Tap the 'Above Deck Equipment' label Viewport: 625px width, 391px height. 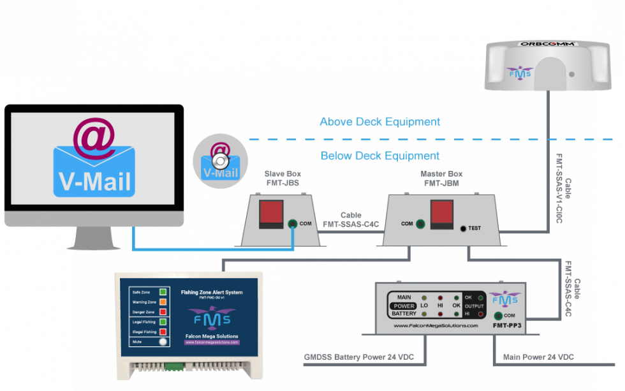coord(379,122)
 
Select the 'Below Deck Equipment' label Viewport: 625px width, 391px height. coord(379,156)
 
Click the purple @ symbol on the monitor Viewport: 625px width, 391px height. coord(94,135)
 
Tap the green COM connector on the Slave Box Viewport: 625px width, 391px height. coord(292,224)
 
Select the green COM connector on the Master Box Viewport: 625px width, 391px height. coord(420,224)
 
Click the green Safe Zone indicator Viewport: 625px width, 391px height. coord(163,292)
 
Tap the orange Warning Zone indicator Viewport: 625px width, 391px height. coord(163,302)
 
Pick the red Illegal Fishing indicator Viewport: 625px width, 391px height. coord(163,332)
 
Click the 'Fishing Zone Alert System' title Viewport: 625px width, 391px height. coord(212,292)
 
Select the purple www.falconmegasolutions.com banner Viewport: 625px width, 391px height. coord(212,343)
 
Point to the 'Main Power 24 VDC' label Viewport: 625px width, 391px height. coord(538,357)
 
